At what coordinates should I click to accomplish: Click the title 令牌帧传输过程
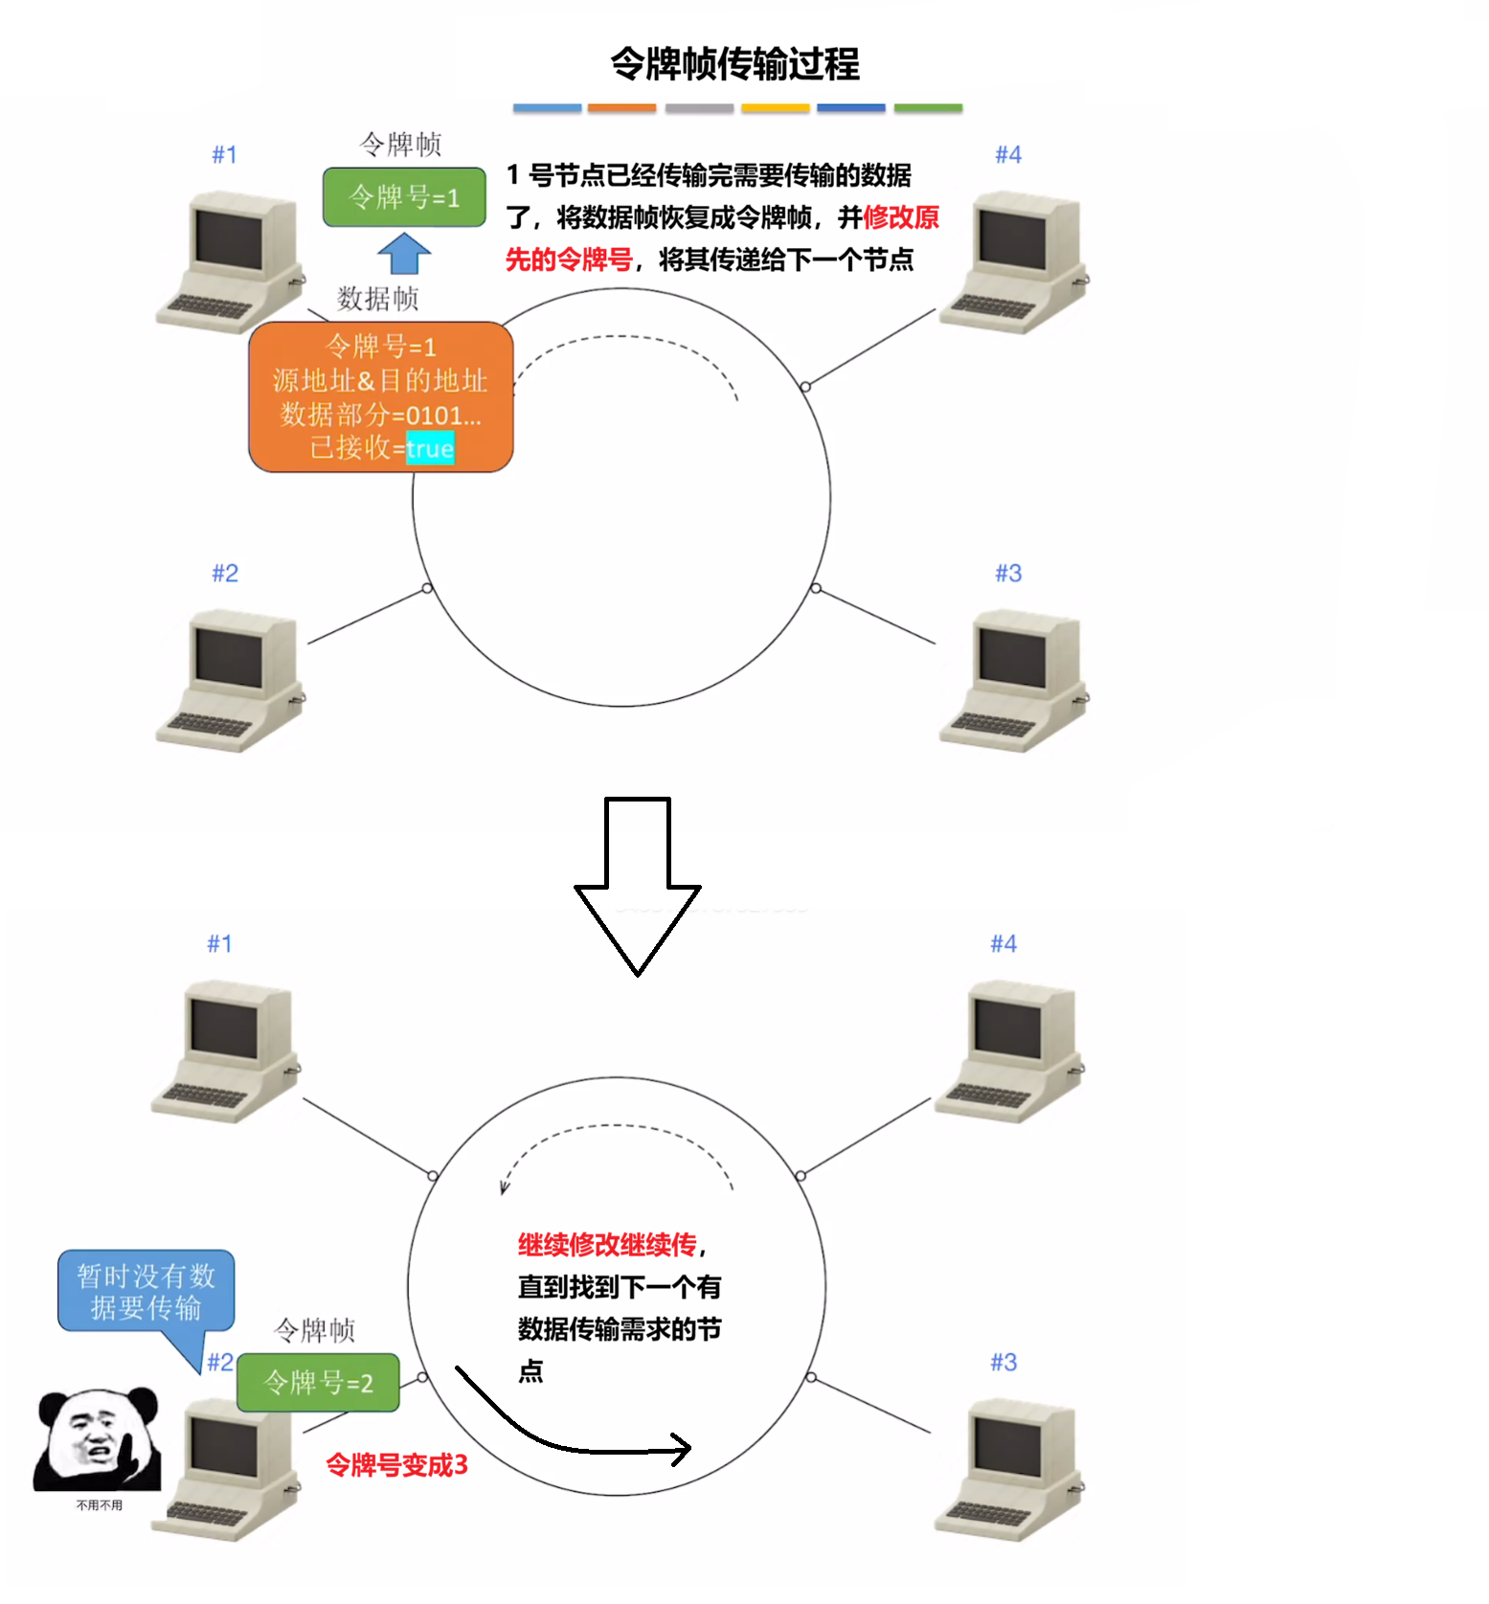[734, 64]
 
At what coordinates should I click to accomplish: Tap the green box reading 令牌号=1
[404, 197]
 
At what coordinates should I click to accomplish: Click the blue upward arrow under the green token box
[404, 254]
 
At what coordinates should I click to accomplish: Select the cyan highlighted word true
[430, 448]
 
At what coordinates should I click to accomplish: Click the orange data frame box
[380, 395]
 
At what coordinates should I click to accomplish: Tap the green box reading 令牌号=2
[318, 1382]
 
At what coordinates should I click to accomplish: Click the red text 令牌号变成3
[396, 1464]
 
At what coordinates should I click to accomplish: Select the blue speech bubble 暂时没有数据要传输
[146, 1291]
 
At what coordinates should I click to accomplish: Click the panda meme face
[97, 1439]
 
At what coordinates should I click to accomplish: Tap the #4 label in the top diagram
[1007, 154]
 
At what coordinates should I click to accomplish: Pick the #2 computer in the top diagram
[230, 680]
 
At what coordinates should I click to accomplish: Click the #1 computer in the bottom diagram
[225, 1051]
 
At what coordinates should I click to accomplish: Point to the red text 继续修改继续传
[608, 1245]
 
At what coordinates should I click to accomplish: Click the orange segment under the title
[621, 108]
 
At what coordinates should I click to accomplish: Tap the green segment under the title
[927, 108]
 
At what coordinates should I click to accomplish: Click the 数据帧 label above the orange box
[377, 299]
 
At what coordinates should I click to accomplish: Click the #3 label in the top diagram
[1007, 573]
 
